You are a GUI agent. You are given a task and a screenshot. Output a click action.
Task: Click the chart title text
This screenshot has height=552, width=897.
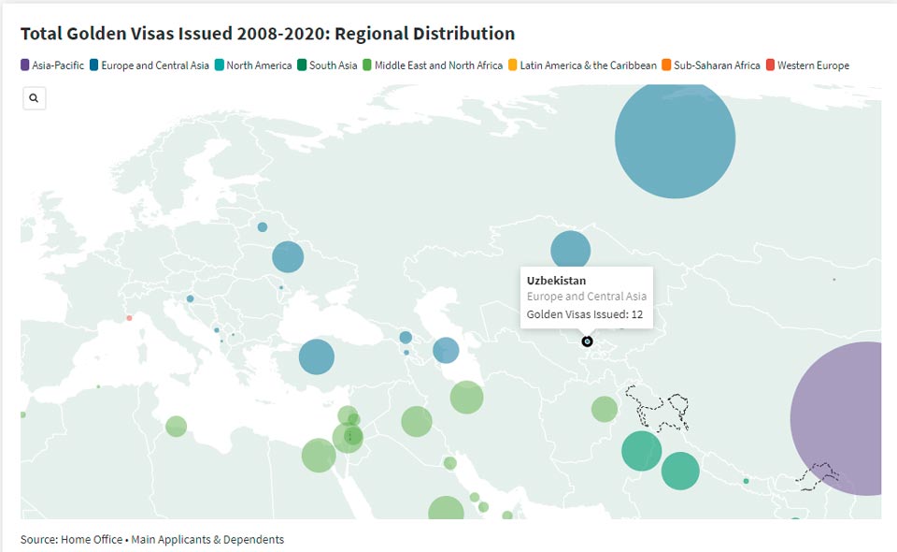[x=267, y=34]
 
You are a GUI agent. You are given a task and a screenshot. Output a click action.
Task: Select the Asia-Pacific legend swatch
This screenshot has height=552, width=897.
[x=25, y=65]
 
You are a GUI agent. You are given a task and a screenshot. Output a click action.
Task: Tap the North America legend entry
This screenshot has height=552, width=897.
[x=254, y=65]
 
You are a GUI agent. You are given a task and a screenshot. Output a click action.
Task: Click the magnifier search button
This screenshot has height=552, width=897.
[x=34, y=98]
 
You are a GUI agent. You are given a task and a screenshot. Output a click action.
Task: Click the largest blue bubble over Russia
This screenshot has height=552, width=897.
[x=675, y=138]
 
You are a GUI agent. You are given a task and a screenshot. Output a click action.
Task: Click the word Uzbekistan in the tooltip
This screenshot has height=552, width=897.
[x=556, y=281]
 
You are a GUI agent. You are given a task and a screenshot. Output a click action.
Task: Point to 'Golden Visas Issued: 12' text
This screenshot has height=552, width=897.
[x=585, y=314]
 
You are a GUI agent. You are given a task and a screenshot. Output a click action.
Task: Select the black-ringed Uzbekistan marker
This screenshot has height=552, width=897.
[x=587, y=341]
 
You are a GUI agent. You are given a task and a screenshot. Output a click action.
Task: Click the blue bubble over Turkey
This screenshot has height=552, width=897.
[x=317, y=356]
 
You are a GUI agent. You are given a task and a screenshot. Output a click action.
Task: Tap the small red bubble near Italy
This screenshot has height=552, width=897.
[x=129, y=318]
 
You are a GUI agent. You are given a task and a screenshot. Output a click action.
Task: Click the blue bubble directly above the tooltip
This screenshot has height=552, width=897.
[x=570, y=251]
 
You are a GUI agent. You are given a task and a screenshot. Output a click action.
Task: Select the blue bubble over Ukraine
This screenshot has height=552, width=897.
[x=288, y=256]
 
